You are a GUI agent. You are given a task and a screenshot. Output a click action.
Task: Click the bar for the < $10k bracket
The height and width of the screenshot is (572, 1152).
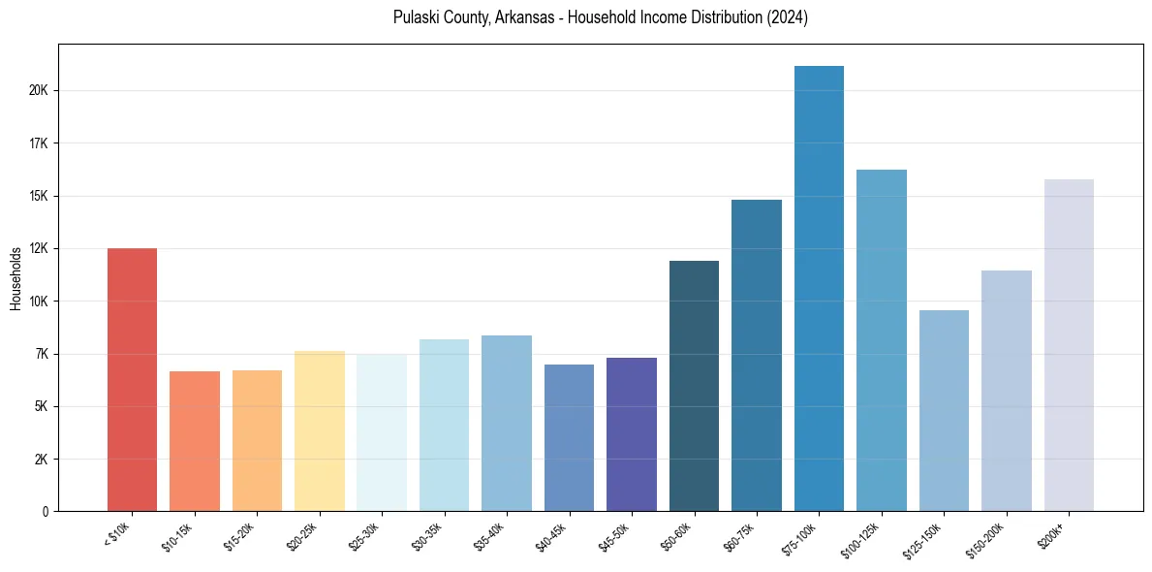(x=132, y=379)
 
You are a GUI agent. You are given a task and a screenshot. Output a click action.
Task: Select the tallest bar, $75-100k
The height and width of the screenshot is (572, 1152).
(x=819, y=288)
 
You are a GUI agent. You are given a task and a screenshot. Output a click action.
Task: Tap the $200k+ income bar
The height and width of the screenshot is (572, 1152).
(x=1069, y=345)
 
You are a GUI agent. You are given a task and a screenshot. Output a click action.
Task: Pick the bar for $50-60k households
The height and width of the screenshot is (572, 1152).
(x=694, y=386)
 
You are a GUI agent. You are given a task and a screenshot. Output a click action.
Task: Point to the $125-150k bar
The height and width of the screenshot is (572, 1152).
(x=944, y=410)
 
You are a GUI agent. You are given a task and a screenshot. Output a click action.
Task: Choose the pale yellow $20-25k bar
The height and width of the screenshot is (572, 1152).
(x=319, y=430)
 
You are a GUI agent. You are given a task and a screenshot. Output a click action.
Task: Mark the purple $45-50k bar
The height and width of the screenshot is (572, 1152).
(x=632, y=434)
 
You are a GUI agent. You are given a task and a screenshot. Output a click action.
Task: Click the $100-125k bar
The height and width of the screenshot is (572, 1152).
(x=882, y=340)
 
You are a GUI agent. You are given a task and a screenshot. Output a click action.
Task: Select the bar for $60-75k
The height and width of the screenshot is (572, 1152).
(x=757, y=355)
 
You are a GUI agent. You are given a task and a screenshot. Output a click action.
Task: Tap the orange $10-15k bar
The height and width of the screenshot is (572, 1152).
(x=195, y=441)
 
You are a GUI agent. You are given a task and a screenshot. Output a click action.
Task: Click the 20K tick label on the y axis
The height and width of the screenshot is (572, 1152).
(x=38, y=91)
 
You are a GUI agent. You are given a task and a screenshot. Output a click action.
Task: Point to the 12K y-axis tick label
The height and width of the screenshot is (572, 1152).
(x=38, y=249)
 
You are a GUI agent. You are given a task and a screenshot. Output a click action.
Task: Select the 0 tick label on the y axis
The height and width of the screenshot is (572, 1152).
(x=45, y=512)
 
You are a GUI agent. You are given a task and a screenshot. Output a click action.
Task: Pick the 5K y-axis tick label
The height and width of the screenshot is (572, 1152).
(x=41, y=407)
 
